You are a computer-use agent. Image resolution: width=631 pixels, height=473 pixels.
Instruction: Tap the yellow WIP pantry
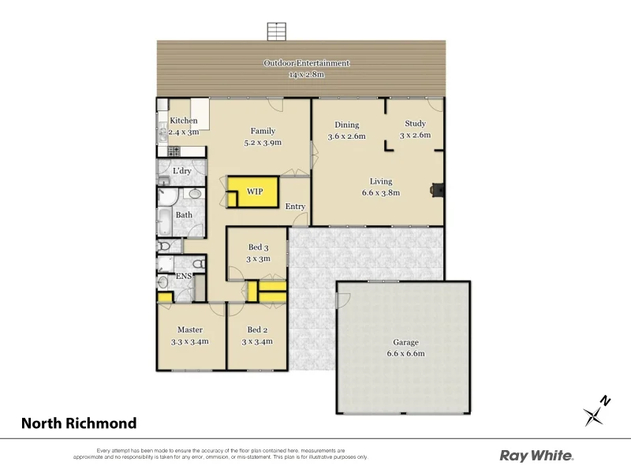[254, 192]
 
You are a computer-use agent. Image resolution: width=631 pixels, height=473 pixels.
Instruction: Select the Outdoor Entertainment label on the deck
[306, 63]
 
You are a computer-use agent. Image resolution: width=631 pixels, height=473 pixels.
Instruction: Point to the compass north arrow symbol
[597, 412]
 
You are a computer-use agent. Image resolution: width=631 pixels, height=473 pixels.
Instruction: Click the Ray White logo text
[536, 455]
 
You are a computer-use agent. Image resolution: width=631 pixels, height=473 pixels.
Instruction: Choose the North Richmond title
[79, 423]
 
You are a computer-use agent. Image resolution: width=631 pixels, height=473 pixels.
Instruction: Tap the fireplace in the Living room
[436, 189]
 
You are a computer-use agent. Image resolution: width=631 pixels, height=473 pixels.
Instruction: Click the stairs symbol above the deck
[275, 32]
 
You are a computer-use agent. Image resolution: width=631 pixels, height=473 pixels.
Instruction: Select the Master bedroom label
[190, 330]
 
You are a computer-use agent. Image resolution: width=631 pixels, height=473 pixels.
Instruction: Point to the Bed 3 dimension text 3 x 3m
[259, 259]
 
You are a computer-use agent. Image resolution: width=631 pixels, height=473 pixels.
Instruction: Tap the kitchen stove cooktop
[170, 151]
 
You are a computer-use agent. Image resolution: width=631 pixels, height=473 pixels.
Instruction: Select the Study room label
[415, 124]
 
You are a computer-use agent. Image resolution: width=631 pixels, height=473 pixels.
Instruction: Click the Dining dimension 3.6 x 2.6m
[347, 136]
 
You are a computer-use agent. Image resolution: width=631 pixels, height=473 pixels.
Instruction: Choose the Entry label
[295, 207]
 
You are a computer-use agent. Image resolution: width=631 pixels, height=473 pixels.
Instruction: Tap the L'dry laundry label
[181, 170]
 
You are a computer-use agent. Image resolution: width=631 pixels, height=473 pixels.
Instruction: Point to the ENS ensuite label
[183, 276]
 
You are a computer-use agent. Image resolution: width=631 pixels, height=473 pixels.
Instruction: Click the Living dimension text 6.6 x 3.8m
[381, 192]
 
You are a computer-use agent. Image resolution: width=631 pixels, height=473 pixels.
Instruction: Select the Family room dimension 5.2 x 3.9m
[263, 143]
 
